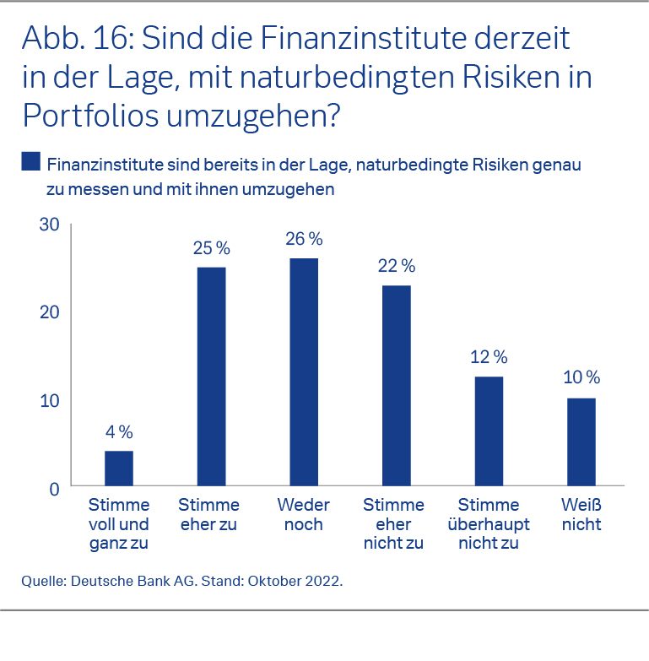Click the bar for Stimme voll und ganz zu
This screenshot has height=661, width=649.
pos(119,468)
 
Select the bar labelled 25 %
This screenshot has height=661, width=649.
pos(211,376)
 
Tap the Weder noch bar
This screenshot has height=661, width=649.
pos(304,371)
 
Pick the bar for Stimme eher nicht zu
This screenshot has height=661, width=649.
pos(396,385)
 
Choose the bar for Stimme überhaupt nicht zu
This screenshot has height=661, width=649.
pos(489,431)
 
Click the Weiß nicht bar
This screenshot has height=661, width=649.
pos(581,442)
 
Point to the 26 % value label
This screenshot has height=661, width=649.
pos(304,239)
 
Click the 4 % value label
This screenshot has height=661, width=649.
pos(119,432)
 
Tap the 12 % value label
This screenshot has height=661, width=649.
pos(489,357)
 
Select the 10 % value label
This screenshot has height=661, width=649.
pos(581,377)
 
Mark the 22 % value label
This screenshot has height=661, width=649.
pos(396,266)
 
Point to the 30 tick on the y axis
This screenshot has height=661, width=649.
pos(49,225)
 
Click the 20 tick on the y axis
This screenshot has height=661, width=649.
pos(49,312)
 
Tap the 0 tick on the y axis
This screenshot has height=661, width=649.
pos(54,488)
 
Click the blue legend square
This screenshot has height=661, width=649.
pos(30,161)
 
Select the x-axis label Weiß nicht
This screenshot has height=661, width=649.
pos(581,515)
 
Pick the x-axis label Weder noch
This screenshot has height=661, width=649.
pos(304,515)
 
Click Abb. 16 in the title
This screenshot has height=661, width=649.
pos(69,39)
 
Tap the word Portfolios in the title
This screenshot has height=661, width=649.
pos(91,114)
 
